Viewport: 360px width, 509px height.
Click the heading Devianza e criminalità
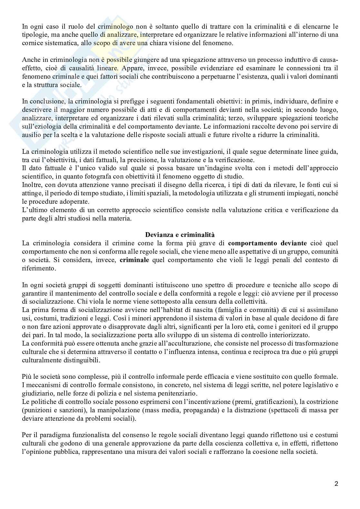[180, 234]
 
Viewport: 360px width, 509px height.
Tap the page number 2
[336, 484]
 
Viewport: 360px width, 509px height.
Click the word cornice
[32, 43]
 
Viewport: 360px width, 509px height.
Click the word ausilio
[30, 135]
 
